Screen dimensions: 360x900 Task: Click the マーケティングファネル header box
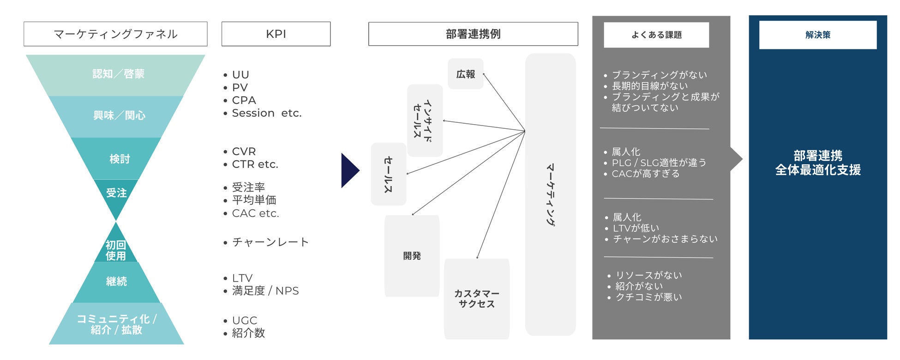tap(115, 34)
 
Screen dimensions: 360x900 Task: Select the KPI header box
tap(276, 34)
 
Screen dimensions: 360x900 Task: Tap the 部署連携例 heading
tap(473, 34)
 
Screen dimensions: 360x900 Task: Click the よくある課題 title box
tap(656, 35)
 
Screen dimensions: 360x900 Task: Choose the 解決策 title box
tap(817, 35)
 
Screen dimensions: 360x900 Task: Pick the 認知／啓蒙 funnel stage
tap(118, 74)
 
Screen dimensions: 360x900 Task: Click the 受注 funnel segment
tap(116, 193)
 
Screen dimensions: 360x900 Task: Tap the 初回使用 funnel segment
tap(115, 250)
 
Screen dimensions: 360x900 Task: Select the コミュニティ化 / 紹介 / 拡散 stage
tap(116, 324)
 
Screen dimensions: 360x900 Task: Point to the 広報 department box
tap(465, 74)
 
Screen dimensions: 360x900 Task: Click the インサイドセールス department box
tap(425, 120)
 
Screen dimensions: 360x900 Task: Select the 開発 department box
tap(412, 256)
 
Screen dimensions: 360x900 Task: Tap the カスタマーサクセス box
tap(477, 299)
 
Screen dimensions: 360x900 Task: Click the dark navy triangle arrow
tap(349, 170)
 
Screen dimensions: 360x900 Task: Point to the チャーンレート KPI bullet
tap(270, 242)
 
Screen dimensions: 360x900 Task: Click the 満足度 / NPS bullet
tap(265, 291)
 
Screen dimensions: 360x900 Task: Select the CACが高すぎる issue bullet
tap(645, 174)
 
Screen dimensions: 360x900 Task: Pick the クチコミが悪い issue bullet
tap(648, 297)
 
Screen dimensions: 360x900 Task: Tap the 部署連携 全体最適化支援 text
tap(818, 162)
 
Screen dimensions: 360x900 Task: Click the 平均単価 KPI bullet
tap(254, 200)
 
